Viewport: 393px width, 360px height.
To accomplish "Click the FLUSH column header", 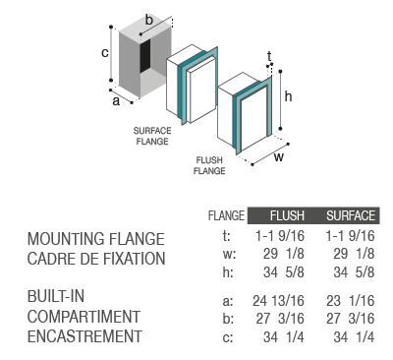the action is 287,215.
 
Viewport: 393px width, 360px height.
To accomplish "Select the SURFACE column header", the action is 351,215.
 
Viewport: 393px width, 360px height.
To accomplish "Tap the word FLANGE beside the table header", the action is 226,215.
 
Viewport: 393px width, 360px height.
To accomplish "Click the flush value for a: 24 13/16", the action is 278,301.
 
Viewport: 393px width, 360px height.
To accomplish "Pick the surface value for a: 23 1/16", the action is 350,301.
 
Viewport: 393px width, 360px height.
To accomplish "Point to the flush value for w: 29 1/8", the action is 284,254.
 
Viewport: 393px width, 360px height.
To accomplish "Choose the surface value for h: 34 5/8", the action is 354,272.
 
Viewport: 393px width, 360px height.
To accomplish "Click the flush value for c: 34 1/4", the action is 284,337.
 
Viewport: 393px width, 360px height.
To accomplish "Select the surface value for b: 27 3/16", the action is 350,319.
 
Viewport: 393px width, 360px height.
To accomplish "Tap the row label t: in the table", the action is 227,236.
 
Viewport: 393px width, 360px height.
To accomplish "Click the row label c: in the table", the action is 228,337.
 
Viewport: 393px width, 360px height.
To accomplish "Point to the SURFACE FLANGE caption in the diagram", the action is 152,136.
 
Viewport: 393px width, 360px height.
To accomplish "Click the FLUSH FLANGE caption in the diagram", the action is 209,165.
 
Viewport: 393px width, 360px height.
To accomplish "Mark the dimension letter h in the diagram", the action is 288,96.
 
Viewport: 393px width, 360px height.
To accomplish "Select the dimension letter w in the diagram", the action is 278,157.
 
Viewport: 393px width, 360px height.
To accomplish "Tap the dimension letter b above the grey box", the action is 149,20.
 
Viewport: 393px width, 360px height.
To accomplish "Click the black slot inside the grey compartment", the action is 145,56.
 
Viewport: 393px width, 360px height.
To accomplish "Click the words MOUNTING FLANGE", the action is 95,239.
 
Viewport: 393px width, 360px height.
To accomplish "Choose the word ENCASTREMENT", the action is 84,336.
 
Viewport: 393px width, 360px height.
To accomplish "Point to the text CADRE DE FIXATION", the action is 96,259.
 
